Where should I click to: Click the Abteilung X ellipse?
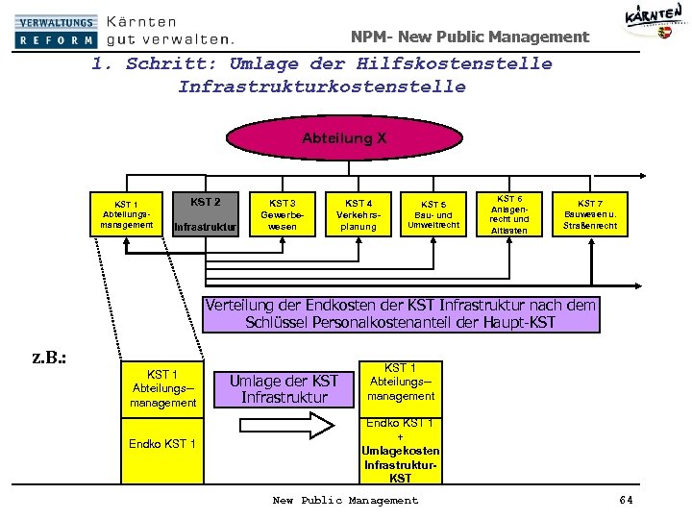click(x=344, y=139)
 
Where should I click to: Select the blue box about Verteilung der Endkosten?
click(x=400, y=314)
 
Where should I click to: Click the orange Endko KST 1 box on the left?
click(x=162, y=444)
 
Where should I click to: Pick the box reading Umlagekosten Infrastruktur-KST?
click(x=401, y=450)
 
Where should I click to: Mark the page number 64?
click(x=627, y=500)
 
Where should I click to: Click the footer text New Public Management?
click(x=345, y=500)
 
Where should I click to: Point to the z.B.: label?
click(x=48, y=358)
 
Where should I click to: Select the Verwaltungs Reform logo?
click(x=56, y=31)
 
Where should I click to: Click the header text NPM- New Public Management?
click(x=469, y=37)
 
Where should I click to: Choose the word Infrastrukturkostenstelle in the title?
click(x=321, y=86)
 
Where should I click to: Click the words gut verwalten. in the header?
click(x=169, y=39)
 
